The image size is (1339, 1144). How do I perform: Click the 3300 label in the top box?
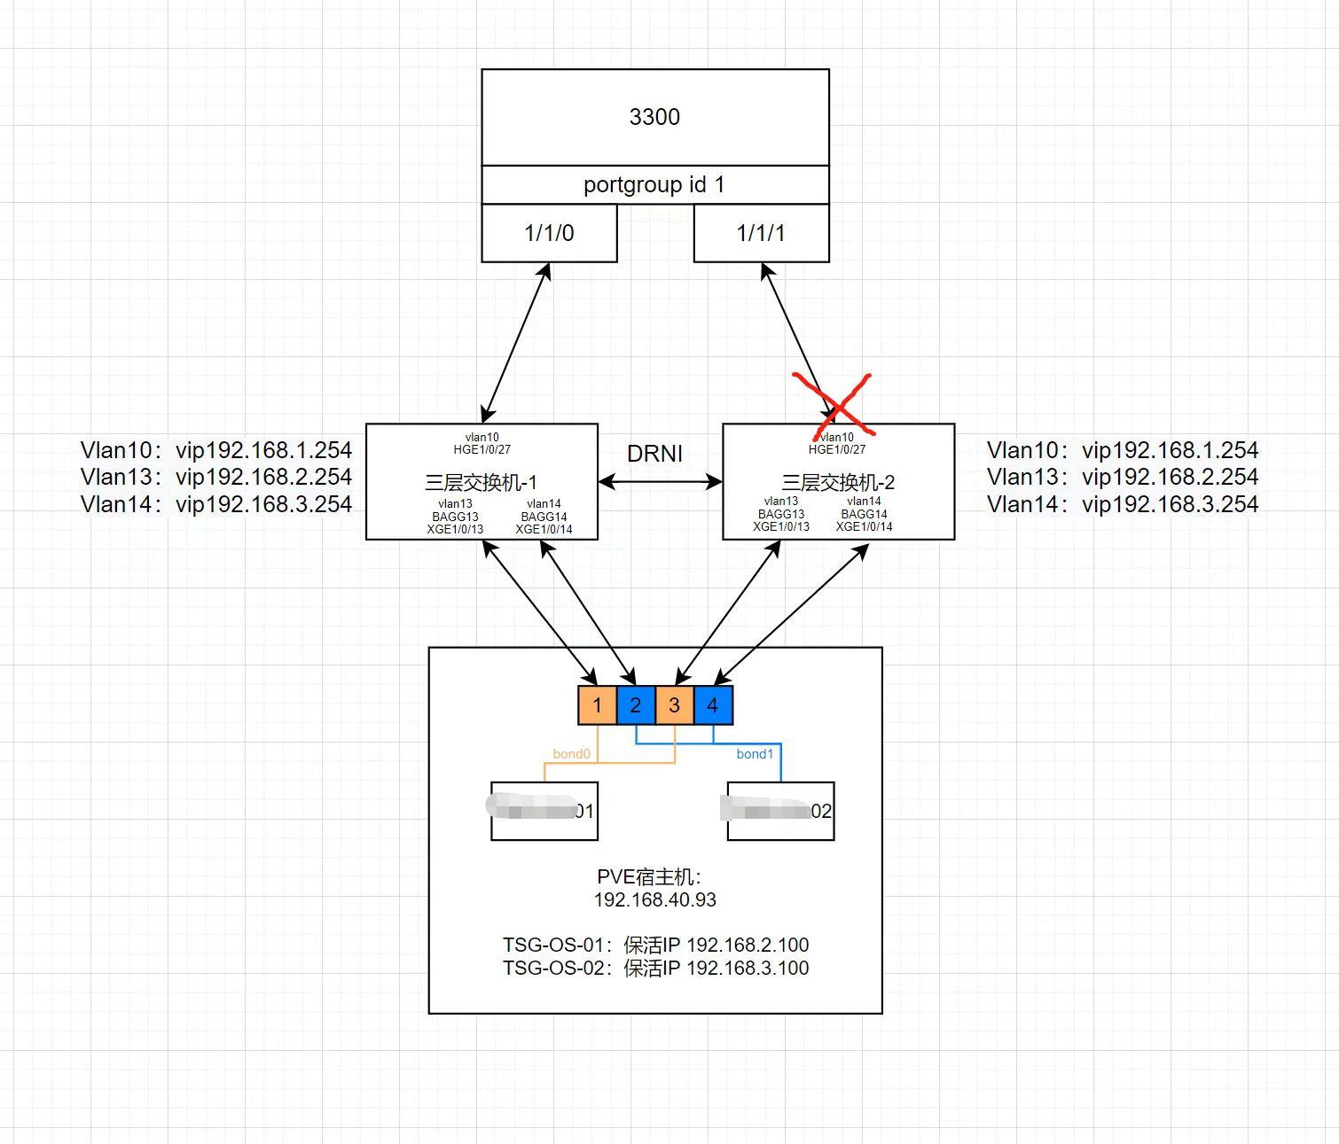[654, 117]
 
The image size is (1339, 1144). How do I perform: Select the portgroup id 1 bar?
[654, 184]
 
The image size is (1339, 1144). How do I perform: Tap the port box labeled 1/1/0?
[549, 233]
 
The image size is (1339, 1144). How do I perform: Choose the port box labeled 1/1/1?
[761, 233]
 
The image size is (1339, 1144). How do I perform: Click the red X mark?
[834, 404]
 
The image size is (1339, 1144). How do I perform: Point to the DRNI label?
[654, 454]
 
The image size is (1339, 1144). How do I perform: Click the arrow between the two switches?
[660, 482]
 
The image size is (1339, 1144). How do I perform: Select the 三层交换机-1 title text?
[481, 483]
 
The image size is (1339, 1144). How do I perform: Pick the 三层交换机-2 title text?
[838, 483]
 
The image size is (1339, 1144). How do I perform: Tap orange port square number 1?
[597, 705]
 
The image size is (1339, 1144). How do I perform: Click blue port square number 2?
[636, 705]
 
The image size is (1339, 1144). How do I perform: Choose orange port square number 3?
[674, 705]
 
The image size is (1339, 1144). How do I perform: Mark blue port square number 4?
[713, 705]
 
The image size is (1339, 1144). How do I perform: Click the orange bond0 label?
[571, 754]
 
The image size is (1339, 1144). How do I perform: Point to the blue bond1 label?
[755, 754]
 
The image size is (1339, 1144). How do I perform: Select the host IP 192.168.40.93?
[654, 900]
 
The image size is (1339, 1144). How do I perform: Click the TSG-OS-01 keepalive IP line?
[655, 945]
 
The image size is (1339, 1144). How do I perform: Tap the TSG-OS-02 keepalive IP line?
[655, 968]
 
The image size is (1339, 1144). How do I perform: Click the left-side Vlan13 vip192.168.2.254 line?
[216, 477]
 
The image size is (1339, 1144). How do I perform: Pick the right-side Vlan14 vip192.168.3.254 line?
[1123, 504]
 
